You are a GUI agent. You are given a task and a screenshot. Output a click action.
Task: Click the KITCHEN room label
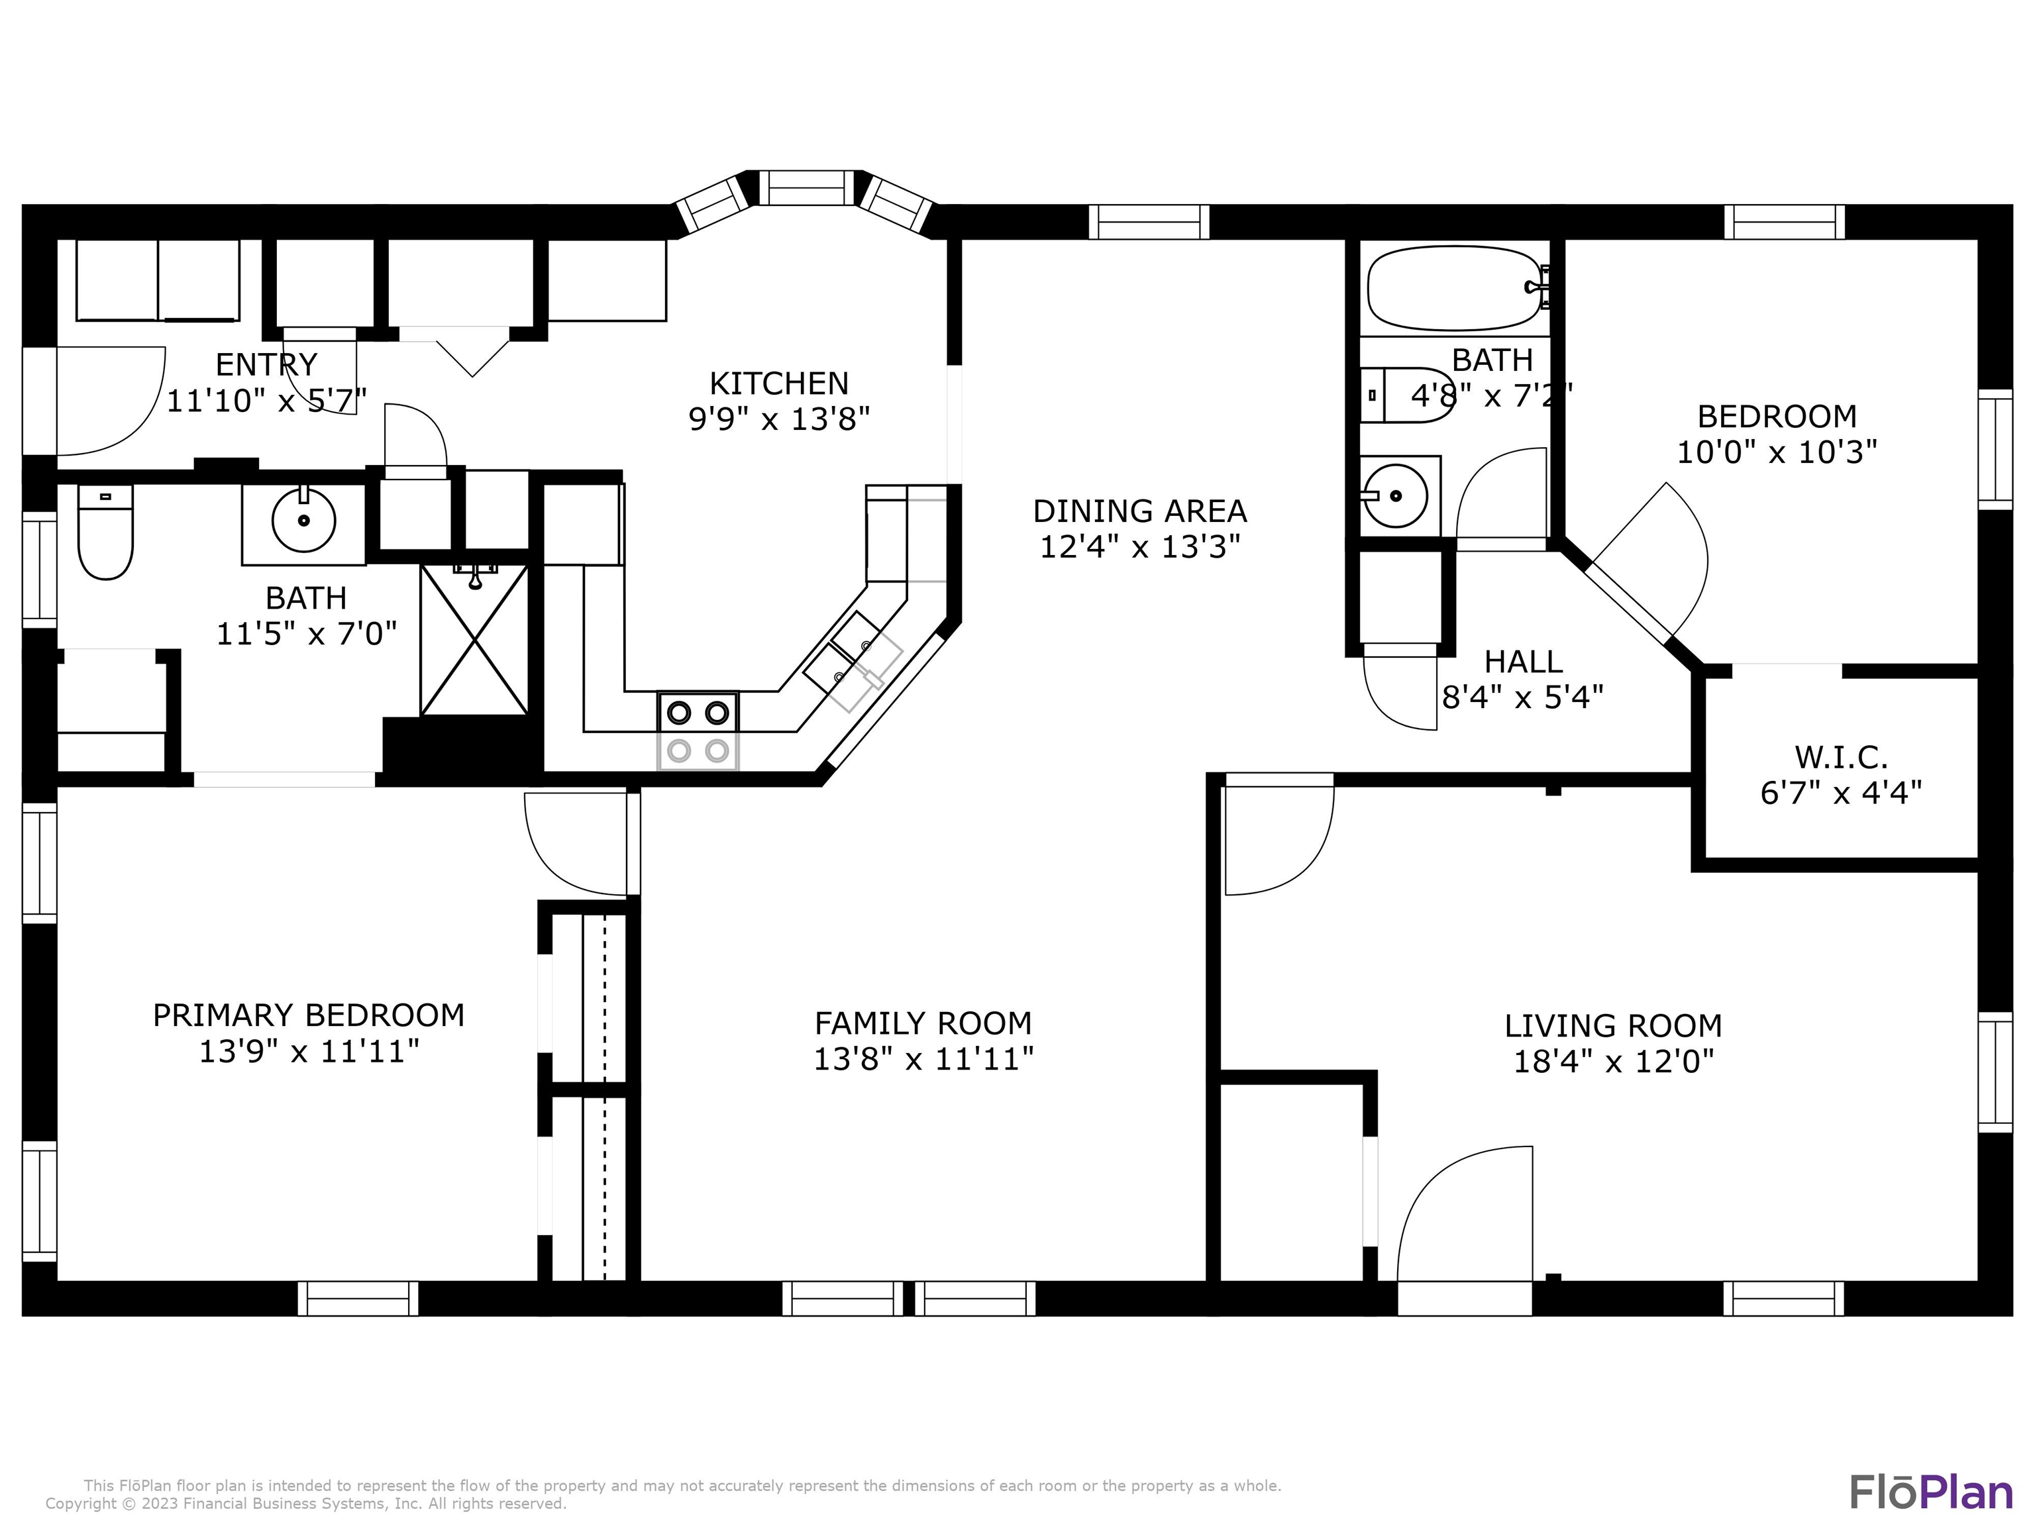point(778,383)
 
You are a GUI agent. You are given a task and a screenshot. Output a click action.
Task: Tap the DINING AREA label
point(1140,511)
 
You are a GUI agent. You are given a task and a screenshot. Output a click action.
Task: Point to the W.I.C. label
point(1841,757)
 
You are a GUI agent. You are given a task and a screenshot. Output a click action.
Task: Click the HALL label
point(1524,662)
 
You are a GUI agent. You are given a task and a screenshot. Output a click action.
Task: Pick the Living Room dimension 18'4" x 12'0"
point(1614,1062)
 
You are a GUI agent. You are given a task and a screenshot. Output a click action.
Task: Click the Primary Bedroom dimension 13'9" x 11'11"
point(309,1050)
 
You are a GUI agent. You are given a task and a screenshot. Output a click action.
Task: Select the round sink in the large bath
point(303,521)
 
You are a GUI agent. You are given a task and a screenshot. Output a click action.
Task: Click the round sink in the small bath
point(1394,496)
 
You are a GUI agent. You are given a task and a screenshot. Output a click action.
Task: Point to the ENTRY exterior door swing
point(111,401)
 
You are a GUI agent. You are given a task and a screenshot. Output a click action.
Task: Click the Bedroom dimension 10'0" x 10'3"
point(1777,452)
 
